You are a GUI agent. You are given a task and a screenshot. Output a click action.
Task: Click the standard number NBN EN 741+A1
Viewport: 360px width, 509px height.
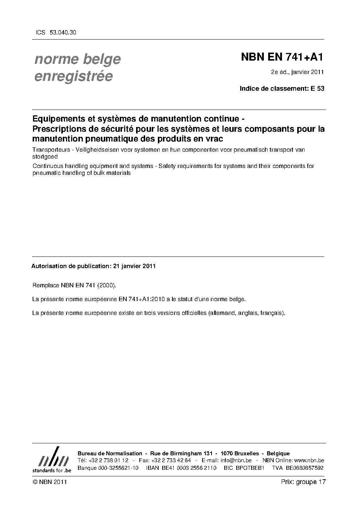click(x=282, y=57)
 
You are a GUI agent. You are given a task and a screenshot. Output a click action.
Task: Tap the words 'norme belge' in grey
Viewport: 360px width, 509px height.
click(x=77, y=59)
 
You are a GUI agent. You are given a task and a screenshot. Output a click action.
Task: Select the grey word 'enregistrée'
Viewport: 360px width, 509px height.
click(x=73, y=76)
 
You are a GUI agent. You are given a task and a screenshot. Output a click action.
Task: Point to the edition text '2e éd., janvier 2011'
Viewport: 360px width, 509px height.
click(x=297, y=72)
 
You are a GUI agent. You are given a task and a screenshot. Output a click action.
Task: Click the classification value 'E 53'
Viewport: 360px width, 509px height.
click(x=317, y=88)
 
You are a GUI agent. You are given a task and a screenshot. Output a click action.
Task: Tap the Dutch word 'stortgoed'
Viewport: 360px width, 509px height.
click(x=45, y=157)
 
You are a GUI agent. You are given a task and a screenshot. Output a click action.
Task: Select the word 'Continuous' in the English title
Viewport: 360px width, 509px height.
click(x=47, y=166)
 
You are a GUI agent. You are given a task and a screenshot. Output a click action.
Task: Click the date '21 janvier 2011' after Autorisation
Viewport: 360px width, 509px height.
click(x=134, y=266)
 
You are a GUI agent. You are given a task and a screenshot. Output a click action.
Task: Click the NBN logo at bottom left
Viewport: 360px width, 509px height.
click(x=52, y=460)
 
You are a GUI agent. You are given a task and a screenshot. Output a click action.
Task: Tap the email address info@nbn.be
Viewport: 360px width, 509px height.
click(x=236, y=460)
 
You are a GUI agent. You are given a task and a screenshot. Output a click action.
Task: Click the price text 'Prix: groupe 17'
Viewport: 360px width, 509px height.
click(x=303, y=482)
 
